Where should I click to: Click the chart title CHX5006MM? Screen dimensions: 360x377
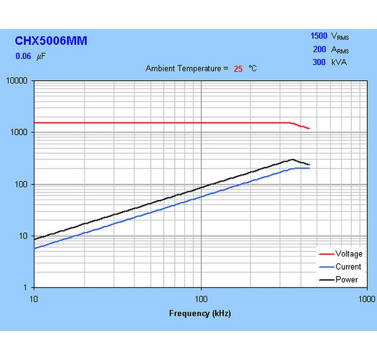[51, 41]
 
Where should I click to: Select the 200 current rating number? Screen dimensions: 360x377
[320, 49]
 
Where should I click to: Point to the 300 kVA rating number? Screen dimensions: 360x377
[320, 62]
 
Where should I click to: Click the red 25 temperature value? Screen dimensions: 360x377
[238, 68]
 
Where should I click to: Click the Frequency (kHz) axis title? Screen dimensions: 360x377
[200, 314]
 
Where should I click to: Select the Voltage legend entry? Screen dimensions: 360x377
[348, 254]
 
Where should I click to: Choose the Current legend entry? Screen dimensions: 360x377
[348, 267]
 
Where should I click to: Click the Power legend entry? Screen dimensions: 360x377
[347, 279]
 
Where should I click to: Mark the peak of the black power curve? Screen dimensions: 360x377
[292, 159]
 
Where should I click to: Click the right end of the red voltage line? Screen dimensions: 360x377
[309, 128]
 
